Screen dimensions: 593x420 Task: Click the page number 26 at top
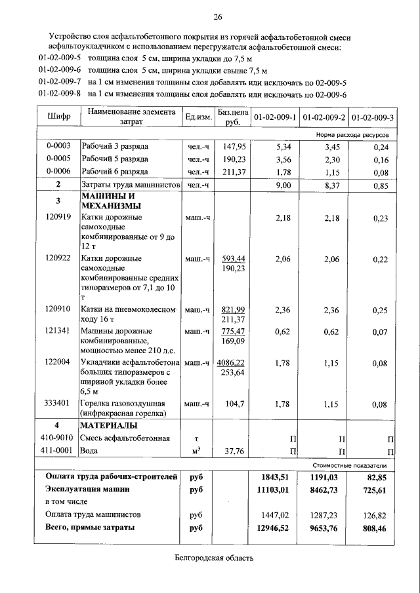[217, 16]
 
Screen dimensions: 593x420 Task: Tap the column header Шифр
[58, 117]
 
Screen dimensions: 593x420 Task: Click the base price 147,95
[234, 147]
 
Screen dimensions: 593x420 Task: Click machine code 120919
[58, 217]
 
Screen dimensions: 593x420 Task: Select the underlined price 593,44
[233, 259]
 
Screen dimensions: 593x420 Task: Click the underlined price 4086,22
[232, 362]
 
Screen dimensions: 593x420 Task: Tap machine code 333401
[58, 404]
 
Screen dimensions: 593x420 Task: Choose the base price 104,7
[234, 404]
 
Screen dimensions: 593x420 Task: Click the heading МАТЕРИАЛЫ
[109, 425]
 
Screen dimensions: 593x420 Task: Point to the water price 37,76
[234, 451]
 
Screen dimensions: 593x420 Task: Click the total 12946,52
[274, 527]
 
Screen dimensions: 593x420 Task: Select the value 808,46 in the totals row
[376, 527]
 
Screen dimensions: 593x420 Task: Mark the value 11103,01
[274, 489]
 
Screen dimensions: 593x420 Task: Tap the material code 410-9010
[58, 438]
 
